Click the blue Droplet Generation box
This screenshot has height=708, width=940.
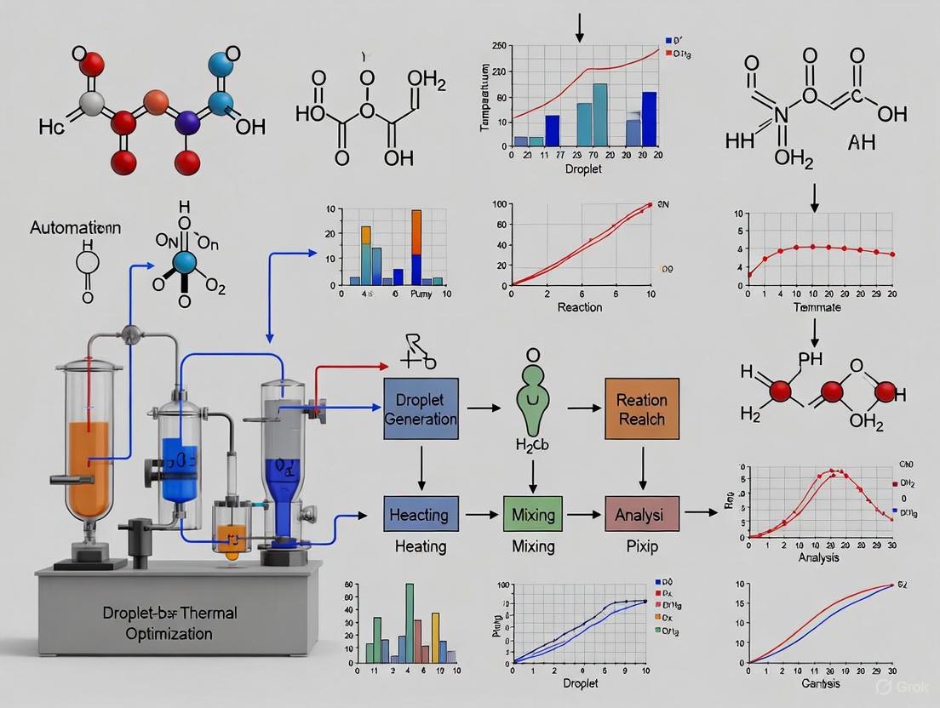tap(421, 408)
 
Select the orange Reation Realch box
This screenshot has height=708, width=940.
tap(641, 408)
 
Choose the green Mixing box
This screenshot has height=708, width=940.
tap(533, 515)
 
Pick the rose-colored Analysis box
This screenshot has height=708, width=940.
tap(641, 515)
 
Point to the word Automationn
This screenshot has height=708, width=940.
tap(76, 228)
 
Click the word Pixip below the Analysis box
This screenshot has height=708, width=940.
tap(642, 546)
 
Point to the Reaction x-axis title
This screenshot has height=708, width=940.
tap(579, 307)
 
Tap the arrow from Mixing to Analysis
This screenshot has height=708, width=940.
tap(583, 515)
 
